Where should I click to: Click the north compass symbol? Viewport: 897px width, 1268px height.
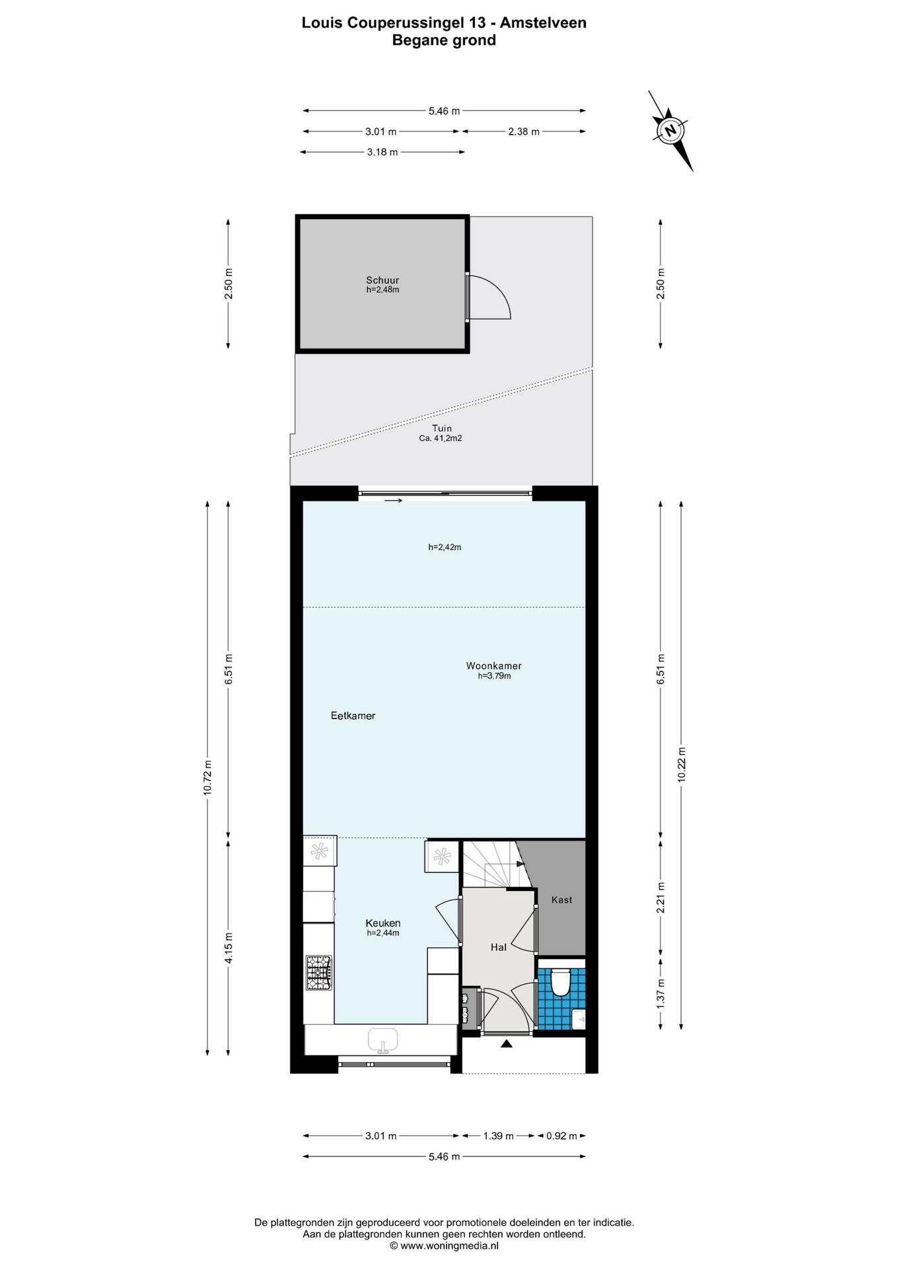[x=670, y=130]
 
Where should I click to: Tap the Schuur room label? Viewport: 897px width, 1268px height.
[x=383, y=280]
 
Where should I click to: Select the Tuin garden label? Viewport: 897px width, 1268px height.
[x=442, y=429]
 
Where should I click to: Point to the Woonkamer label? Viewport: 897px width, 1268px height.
[x=494, y=666]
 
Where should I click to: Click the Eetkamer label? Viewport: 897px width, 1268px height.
[x=353, y=716]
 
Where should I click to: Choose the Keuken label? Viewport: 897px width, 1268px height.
[x=383, y=923]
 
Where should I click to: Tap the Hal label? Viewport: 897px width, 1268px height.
[x=498, y=947]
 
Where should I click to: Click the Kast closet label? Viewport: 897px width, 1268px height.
[x=561, y=899]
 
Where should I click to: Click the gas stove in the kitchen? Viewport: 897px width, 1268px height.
[x=319, y=973]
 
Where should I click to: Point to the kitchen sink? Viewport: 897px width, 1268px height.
[x=383, y=1039]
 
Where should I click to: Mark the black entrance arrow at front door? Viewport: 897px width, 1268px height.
[x=507, y=1043]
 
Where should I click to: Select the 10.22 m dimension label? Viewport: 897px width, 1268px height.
[x=682, y=765]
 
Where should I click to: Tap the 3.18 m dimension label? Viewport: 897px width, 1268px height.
[x=382, y=152]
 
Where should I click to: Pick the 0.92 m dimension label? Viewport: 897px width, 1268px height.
[x=561, y=1136]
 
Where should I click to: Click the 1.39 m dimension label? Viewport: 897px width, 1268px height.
[x=499, y=1136]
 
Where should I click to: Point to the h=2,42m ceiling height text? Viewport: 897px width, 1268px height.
[x=445, y=547]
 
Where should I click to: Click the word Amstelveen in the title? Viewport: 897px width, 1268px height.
[x=543, y=22]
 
